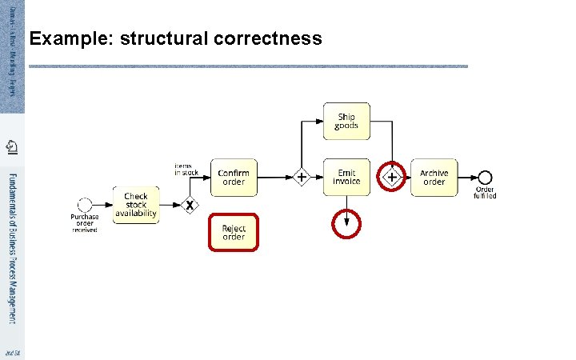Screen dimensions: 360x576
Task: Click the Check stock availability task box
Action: click(135, 205)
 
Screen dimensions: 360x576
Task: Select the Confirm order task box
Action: click(234, 177)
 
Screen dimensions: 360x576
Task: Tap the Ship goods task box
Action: click(346, 121)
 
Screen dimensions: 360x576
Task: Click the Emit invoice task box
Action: click(346, 177)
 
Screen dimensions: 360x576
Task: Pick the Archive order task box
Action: click(434, 177)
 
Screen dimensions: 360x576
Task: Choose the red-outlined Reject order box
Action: click(234, 232)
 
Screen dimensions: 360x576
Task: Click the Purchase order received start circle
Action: click(85, 205)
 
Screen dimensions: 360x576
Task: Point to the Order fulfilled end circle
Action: click(484, 178)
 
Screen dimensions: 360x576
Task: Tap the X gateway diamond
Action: click(189, 206)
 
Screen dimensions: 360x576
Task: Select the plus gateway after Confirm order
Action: click(301, 177)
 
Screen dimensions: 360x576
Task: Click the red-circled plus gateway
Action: click(393, 177)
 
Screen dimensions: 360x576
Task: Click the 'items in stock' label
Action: click(186, 169)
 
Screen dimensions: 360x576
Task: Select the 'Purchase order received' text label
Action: click(85, 222)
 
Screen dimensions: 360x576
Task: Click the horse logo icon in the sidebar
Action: click(12, 146)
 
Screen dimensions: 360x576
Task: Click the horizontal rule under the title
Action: click(248, 66)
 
